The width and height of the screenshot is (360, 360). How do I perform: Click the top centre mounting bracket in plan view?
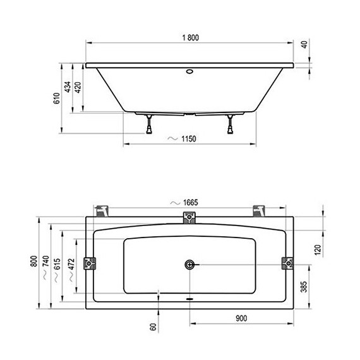(x=189, y=218)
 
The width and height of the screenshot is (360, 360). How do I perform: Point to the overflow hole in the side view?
(x=189, y=71)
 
